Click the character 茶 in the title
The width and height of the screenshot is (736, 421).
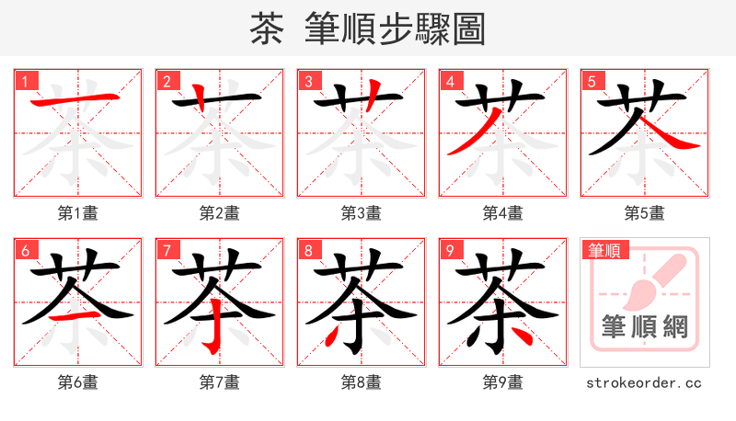(266, 29)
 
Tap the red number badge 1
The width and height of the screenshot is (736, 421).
(24, 81)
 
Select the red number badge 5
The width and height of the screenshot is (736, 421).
(591, 81)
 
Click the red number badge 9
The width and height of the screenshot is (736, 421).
(449, 250)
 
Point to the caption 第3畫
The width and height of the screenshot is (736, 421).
(361, 213)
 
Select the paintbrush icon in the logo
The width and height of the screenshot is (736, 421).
(650, 279)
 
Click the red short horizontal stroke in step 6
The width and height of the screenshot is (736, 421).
(77, 314)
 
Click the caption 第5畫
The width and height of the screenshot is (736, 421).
(644, 213)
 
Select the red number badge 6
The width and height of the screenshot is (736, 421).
(24, 250)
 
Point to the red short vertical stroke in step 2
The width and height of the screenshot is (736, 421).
(200, 95)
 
